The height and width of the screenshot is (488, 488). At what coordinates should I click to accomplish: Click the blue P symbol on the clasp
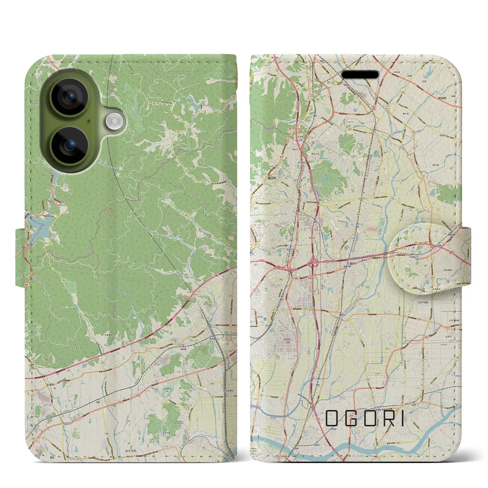click(413, 247)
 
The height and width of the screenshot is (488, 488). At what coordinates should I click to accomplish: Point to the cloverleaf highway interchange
click(314, 263)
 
